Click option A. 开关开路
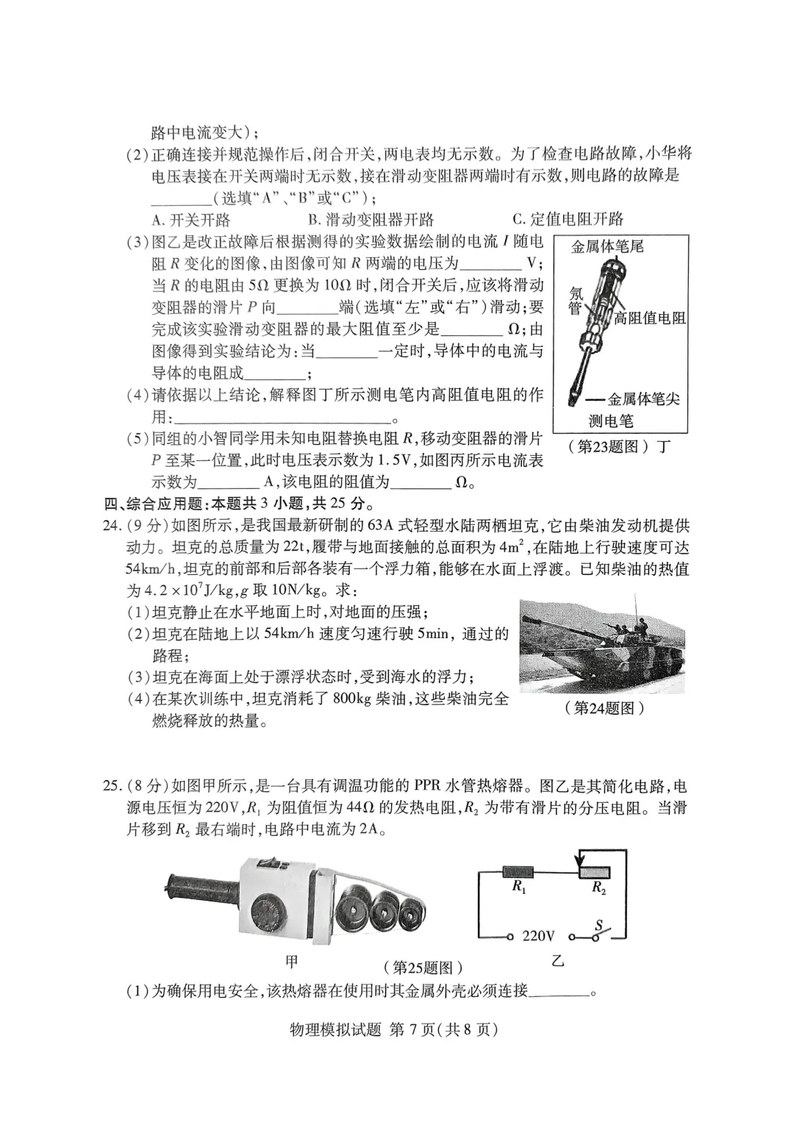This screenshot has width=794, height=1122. [190, 219]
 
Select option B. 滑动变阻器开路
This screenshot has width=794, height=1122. [371, 219]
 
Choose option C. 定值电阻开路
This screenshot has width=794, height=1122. [568, 218]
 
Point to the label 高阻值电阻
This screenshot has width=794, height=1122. [649, 318]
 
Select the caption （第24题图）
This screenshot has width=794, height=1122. [604, 708]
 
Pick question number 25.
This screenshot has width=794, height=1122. [111, 785]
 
